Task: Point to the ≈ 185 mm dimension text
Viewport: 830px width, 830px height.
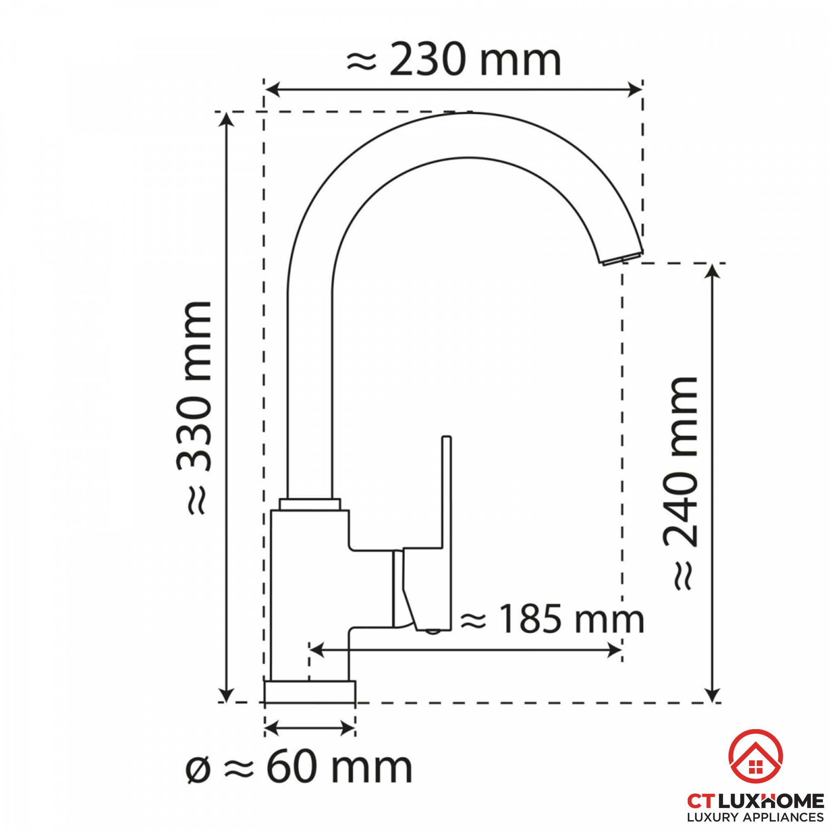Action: [552, 620]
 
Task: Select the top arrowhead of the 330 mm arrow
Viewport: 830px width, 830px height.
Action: [227, 119]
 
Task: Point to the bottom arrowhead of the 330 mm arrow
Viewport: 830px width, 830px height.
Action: [227, 695]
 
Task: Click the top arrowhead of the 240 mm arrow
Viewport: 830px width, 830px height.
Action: [712, 271]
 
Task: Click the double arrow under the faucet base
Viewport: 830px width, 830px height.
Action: [310, 728]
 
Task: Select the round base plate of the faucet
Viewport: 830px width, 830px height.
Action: [310, 692]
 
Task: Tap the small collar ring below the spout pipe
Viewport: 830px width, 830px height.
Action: [310, 504]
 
